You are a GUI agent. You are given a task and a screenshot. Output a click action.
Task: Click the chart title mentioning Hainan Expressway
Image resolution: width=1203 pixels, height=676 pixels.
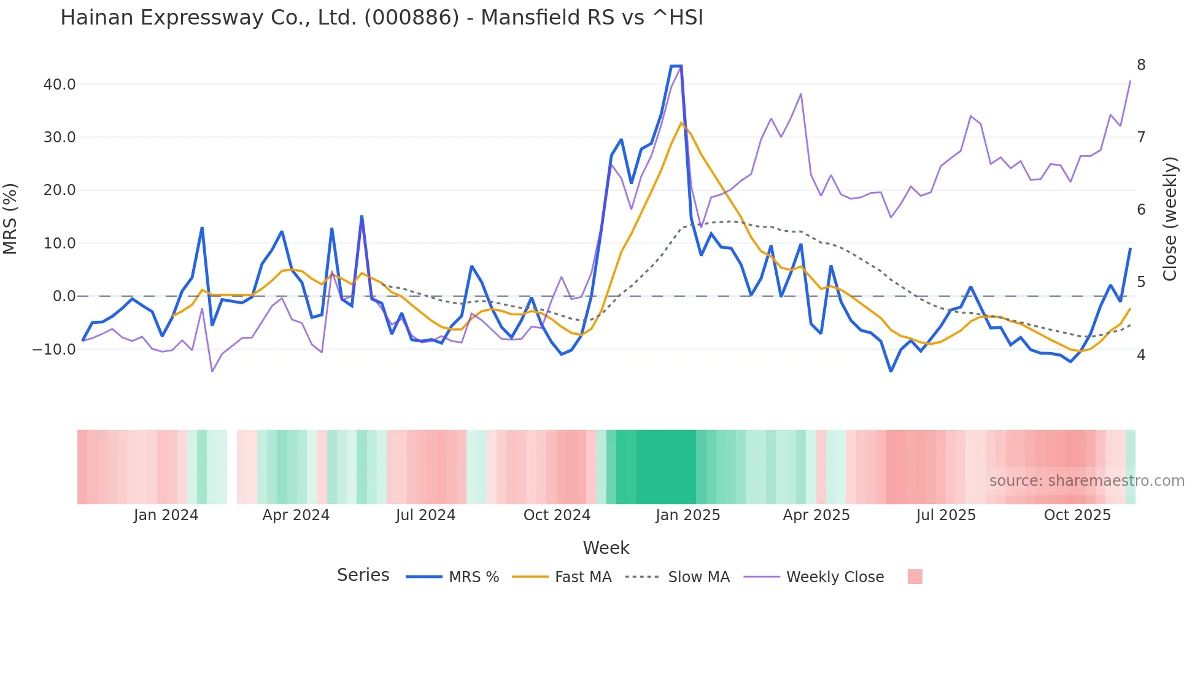click(381, 18)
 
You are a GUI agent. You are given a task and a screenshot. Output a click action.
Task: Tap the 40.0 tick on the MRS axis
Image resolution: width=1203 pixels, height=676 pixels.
click(60, 84)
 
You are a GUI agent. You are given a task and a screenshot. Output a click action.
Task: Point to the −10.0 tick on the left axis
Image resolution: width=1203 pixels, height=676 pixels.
click(54, 350)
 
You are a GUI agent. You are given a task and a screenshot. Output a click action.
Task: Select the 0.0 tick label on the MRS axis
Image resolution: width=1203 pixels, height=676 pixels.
click(64, 296)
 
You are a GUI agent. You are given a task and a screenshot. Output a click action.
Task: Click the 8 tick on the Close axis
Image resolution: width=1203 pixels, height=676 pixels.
click(1141, 65)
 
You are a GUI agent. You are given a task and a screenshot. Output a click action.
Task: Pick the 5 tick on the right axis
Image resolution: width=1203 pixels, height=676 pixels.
click(1141, 282)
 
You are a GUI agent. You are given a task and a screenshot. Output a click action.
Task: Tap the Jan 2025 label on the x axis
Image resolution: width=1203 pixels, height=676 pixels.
click(687, 515)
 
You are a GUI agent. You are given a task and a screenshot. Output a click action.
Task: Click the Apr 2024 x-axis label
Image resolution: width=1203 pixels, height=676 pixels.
click(296, 515)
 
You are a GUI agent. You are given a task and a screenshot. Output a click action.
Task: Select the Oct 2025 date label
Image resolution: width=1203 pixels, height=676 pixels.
click(1077, 515)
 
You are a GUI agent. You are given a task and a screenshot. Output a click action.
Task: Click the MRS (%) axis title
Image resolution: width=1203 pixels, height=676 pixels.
click(10, 219)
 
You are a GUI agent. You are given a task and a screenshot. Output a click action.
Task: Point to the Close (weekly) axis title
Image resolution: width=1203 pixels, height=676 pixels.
click(1170, 219)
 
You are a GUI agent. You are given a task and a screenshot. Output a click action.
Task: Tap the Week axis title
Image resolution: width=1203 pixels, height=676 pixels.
click(606, 548)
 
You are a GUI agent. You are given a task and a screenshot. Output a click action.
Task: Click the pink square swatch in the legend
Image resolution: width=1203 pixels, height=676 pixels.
click(915, 577)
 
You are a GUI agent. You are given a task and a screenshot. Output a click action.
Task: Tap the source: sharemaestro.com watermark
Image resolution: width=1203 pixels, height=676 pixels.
click(1086, 481)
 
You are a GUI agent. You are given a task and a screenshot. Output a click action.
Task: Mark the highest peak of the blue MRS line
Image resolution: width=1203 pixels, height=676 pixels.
click(676, 66)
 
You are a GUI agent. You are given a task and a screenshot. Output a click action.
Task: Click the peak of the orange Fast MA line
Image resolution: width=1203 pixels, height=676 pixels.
click(681, 123)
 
